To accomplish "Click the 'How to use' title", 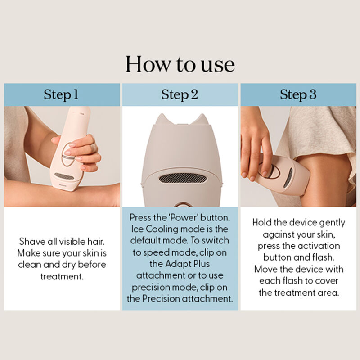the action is pyautogui.click(x=180, y=64).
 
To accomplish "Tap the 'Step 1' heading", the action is pyautogui.click(x=61, y=94).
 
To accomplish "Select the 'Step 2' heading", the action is pyautogui.click(x=180, y=94).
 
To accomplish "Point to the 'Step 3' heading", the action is pyautogui.click(x=298, y=94).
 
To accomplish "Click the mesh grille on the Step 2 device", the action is pyautogui.click(x=183, y=178).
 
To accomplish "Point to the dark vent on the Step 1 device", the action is pyautogui.click(x=64, y=176).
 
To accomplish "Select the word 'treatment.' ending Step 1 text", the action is pyautogui.click(x=62, y=276).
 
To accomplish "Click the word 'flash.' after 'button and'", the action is pyautogui.click(x=323, y=257).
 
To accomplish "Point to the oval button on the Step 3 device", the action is pyautogui.click(x=270, y=171).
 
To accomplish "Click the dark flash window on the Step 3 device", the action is pyautogui.click(x=288, y=177).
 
